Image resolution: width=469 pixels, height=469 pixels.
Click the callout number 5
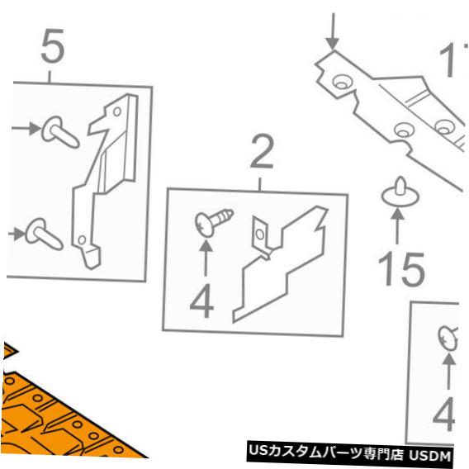click(x=53, y=45)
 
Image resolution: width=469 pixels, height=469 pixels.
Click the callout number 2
click(x=262, y=152)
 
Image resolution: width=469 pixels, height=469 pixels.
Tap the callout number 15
click(x=401, y=269)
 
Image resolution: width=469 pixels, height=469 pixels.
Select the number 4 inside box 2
click(x=202, y=301)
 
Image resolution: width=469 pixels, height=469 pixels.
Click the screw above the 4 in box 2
click(x=214, y=222)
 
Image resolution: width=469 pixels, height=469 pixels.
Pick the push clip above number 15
click(x=400, y=192)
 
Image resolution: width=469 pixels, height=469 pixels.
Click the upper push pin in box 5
click(x=59, y=132)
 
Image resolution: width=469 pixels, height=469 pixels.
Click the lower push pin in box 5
click(x=44, y=234)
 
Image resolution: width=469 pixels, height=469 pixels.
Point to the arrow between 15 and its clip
click(x=397, y=225)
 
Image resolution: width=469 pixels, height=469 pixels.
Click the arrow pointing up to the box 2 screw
click(x=206, y=258)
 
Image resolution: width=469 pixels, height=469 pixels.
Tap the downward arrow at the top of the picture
click(x=333, y=31)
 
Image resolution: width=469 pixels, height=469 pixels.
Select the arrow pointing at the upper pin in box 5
click(x=26, y=128)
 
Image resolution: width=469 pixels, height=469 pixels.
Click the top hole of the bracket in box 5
click(x=117, y=111)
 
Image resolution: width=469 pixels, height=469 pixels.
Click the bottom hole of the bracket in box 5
click(x=82, y=239)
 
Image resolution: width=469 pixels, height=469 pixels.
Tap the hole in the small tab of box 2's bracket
click(x=260, y=234)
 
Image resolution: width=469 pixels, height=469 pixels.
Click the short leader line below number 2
click(x=259, y=184)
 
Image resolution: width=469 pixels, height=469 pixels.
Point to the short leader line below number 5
click(x=50, y=77)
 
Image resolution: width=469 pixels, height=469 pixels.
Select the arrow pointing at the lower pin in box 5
click(x=17, y=234)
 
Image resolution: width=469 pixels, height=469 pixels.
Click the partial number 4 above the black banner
click(x=444, y=415)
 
